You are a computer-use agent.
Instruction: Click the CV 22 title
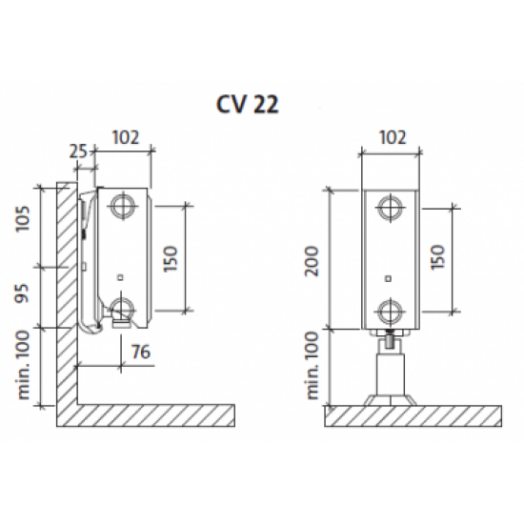248,104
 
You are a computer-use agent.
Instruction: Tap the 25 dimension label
78,151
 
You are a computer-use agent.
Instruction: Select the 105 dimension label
24,218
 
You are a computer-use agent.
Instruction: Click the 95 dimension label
23,293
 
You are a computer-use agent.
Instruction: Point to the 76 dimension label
141,352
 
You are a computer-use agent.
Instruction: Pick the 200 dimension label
312,261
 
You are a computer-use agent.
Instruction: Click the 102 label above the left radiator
126,137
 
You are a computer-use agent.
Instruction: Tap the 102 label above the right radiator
393,137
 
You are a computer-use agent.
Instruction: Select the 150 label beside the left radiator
171,259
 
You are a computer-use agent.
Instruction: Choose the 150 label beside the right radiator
438,257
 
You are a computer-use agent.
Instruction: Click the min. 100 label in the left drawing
24,365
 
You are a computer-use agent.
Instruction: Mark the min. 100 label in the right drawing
312,365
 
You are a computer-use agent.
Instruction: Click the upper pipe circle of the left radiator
123,205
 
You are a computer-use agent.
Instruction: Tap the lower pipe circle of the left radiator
123,309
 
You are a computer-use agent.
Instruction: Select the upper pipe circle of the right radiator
391,208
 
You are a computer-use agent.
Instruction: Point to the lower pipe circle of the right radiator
391,312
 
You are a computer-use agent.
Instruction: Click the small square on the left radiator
121,277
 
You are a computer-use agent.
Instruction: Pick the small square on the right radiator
388,278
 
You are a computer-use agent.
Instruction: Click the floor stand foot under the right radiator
391,400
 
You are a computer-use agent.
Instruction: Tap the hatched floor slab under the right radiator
413,416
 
